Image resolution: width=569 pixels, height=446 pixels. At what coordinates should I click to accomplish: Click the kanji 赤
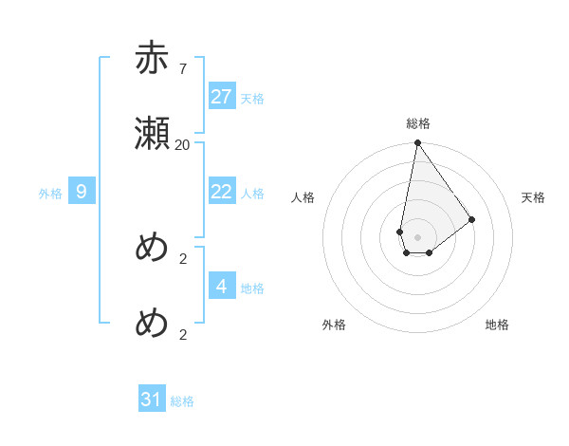[x=152, y=60]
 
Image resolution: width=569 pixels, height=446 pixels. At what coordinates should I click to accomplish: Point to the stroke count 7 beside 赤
[x=182, y=68]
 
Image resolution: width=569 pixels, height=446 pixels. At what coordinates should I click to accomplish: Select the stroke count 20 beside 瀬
[x=182, y=144]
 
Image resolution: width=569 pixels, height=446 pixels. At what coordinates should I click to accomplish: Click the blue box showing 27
[x=222, y=97]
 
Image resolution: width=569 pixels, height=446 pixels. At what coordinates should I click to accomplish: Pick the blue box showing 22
[x=222, y=192]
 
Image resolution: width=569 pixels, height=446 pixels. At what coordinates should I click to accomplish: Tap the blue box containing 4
[x=222, y=287]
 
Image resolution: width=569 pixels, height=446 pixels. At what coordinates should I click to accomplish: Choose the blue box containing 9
[x=82, y=192]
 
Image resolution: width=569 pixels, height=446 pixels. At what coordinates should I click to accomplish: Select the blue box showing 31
[x=152, y=400]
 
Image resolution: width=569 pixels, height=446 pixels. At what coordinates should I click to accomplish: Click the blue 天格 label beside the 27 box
[x=252, y=99]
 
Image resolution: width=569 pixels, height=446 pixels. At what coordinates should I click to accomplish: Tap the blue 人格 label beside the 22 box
[x=252, y=194]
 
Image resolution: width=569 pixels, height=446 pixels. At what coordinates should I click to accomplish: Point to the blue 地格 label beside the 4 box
[x=252, y=288]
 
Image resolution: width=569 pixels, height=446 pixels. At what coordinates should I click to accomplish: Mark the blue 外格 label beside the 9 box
[x=50, y=194]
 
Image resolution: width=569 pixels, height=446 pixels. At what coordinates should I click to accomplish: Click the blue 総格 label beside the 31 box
[x=182, y=401]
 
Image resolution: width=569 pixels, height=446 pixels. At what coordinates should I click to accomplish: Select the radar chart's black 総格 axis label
[x=418, y=123]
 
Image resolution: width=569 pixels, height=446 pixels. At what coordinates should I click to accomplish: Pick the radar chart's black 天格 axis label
[x=534, y=197]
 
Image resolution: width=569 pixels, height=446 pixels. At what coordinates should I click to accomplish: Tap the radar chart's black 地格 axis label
[x=497, y=325]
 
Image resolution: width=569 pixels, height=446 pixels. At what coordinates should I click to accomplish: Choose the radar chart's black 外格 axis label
[x=334, y=325]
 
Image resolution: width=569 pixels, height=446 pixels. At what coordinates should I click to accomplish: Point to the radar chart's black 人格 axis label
[x=303, y=197]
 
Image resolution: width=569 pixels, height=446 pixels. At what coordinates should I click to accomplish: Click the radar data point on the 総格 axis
[x=417, y=143]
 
